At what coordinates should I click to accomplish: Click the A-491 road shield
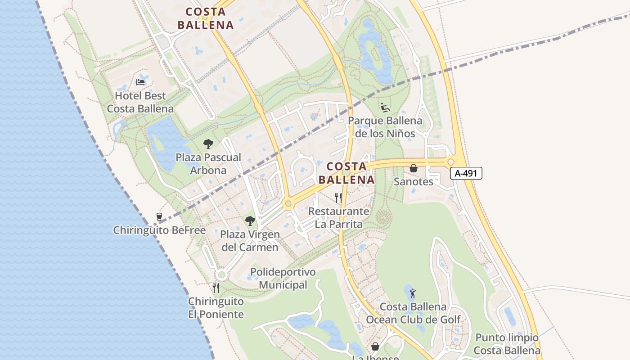pos(466,173)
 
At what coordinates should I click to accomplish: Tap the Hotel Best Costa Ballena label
pos(140,102)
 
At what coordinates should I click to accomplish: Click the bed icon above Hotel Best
pos(140,82)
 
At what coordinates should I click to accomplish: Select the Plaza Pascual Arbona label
pos(208,164)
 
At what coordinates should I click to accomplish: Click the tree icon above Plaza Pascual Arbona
pos(208,144)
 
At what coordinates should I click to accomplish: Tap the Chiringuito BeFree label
pos(159,230)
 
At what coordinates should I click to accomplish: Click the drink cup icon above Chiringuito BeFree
pos(159,217)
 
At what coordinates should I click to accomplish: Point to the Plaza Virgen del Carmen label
pos(250,241)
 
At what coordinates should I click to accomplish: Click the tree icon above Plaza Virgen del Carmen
pos(250,221)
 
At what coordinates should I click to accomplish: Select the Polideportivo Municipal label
pos(283,278)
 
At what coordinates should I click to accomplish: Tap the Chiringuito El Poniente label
pos(216,308)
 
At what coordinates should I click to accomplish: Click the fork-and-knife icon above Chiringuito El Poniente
pos(216,288)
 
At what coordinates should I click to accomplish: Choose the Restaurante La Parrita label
pos(339,217)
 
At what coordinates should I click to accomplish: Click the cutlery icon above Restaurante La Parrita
pos(338,198)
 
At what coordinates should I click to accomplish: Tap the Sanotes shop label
pos(413,181)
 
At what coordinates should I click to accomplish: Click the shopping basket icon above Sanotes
pos(413,168)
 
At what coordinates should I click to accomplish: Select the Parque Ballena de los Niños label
pos(385,127)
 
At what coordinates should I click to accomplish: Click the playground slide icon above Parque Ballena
pos(385,107)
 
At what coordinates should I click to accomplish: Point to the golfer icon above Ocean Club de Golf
pos(413,294)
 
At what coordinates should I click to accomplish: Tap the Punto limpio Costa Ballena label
pos(507,344)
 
